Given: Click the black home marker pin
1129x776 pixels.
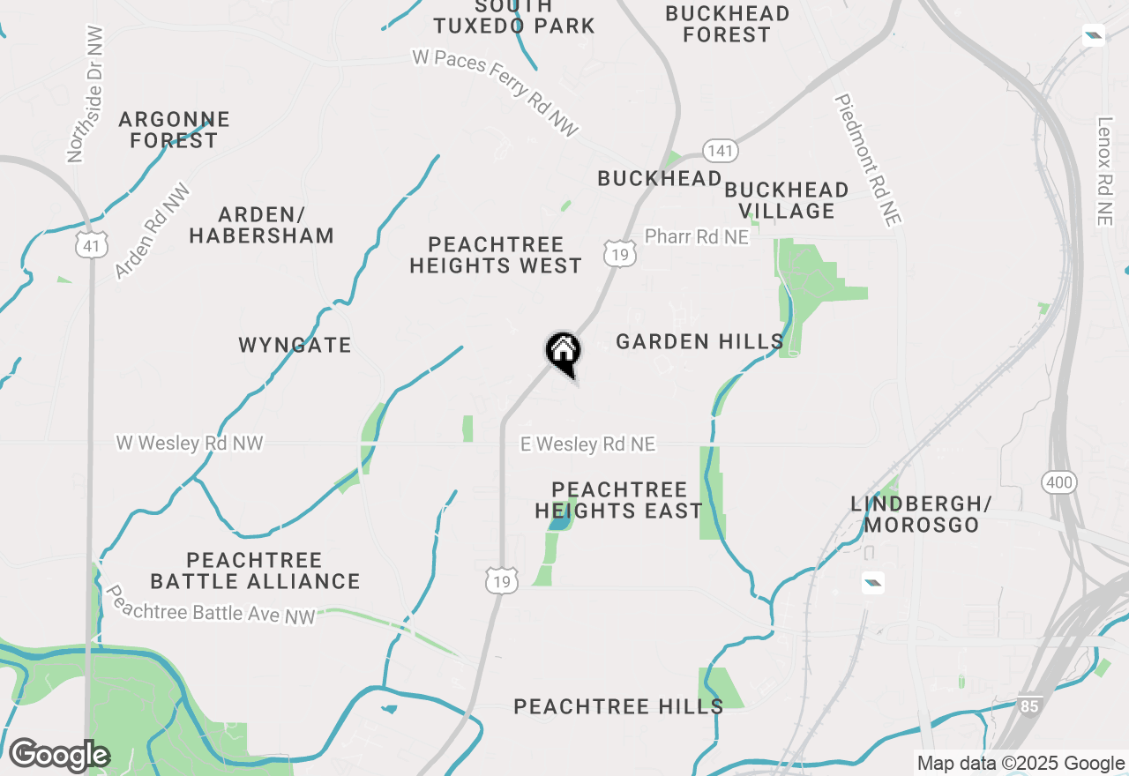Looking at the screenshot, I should coord(563,353).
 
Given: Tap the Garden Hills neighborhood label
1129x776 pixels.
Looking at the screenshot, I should coord(699,341).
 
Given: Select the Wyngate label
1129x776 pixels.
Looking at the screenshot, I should coord(295,345).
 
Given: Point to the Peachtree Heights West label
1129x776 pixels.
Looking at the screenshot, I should coord(496,255).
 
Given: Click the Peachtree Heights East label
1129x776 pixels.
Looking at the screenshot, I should coord(618,500).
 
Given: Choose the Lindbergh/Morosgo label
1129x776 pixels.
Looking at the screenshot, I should coord(921,514).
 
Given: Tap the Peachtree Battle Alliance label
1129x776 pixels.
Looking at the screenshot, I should coord(255,571).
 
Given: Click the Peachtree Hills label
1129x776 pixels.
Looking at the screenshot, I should coord(618,706).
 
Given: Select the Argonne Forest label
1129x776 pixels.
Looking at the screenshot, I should coord(174,130).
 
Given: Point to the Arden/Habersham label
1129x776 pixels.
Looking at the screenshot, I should coord(261,225).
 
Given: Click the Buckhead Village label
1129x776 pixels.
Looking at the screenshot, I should coord(787,200).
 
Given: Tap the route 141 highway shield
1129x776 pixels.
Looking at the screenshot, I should coord(720,151).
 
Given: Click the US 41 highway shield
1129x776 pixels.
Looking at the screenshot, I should coord(92,245).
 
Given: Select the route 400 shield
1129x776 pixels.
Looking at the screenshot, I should coord(1058,482).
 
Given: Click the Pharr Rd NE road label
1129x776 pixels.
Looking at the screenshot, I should coord(696,237).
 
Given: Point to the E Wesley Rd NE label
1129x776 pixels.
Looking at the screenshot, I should coord(587,444).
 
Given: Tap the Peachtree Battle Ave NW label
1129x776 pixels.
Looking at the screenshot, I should coord(210,606).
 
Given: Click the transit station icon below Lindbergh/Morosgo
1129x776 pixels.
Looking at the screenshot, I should coord(872,582).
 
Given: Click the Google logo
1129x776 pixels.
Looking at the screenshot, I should coord(59,756).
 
